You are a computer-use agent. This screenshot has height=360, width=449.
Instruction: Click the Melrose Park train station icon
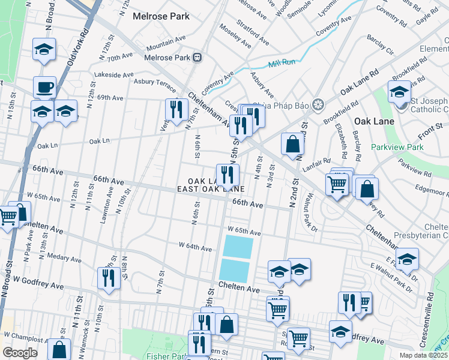coord(197,58)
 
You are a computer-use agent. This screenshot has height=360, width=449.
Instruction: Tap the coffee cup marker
coord(44,88)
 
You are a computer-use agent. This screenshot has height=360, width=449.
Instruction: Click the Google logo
coord(20,353)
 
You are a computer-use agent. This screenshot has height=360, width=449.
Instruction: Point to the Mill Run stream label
coord(283,62)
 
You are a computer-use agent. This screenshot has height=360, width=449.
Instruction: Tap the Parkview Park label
coord(397,147)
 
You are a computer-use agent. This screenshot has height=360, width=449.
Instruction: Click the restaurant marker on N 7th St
coord(175,110)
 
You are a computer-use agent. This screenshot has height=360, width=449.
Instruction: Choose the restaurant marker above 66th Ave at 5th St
coord(228,175)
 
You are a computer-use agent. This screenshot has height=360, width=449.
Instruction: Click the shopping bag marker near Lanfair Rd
coord(292,145)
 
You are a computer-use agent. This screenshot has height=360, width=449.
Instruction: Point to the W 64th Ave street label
coord(195,247)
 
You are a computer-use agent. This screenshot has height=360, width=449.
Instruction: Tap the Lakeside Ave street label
coord(115,75)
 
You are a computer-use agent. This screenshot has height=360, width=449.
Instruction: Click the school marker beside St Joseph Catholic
coord(399,92)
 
